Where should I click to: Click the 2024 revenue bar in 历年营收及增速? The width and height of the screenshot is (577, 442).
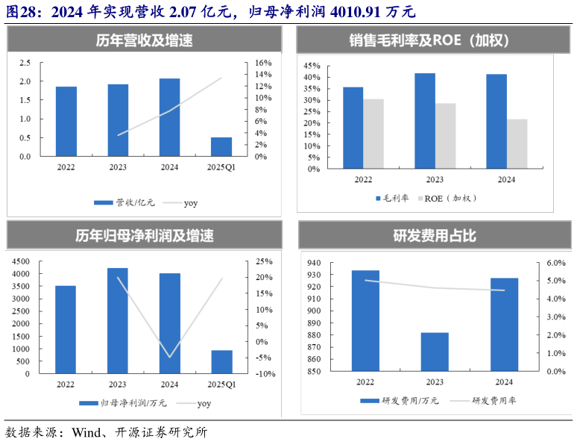[169, 117]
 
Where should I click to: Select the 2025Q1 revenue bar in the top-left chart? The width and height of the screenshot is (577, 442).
[221, 147]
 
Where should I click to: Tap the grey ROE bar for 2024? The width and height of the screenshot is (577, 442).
[516, 143]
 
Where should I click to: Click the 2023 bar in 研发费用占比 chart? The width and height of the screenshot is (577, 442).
[435, 352]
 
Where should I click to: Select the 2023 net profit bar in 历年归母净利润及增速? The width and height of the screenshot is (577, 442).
[118, 320]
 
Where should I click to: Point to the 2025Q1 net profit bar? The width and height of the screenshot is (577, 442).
[221, 361]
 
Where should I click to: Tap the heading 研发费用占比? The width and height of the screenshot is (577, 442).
[435, 236]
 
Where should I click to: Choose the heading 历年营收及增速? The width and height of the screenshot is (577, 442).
[144, 41]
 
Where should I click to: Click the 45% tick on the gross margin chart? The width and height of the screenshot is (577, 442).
[311, 66]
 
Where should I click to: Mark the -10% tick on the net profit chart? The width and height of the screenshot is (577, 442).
[265, 374]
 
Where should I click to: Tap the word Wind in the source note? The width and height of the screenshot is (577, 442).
[85, 432]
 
